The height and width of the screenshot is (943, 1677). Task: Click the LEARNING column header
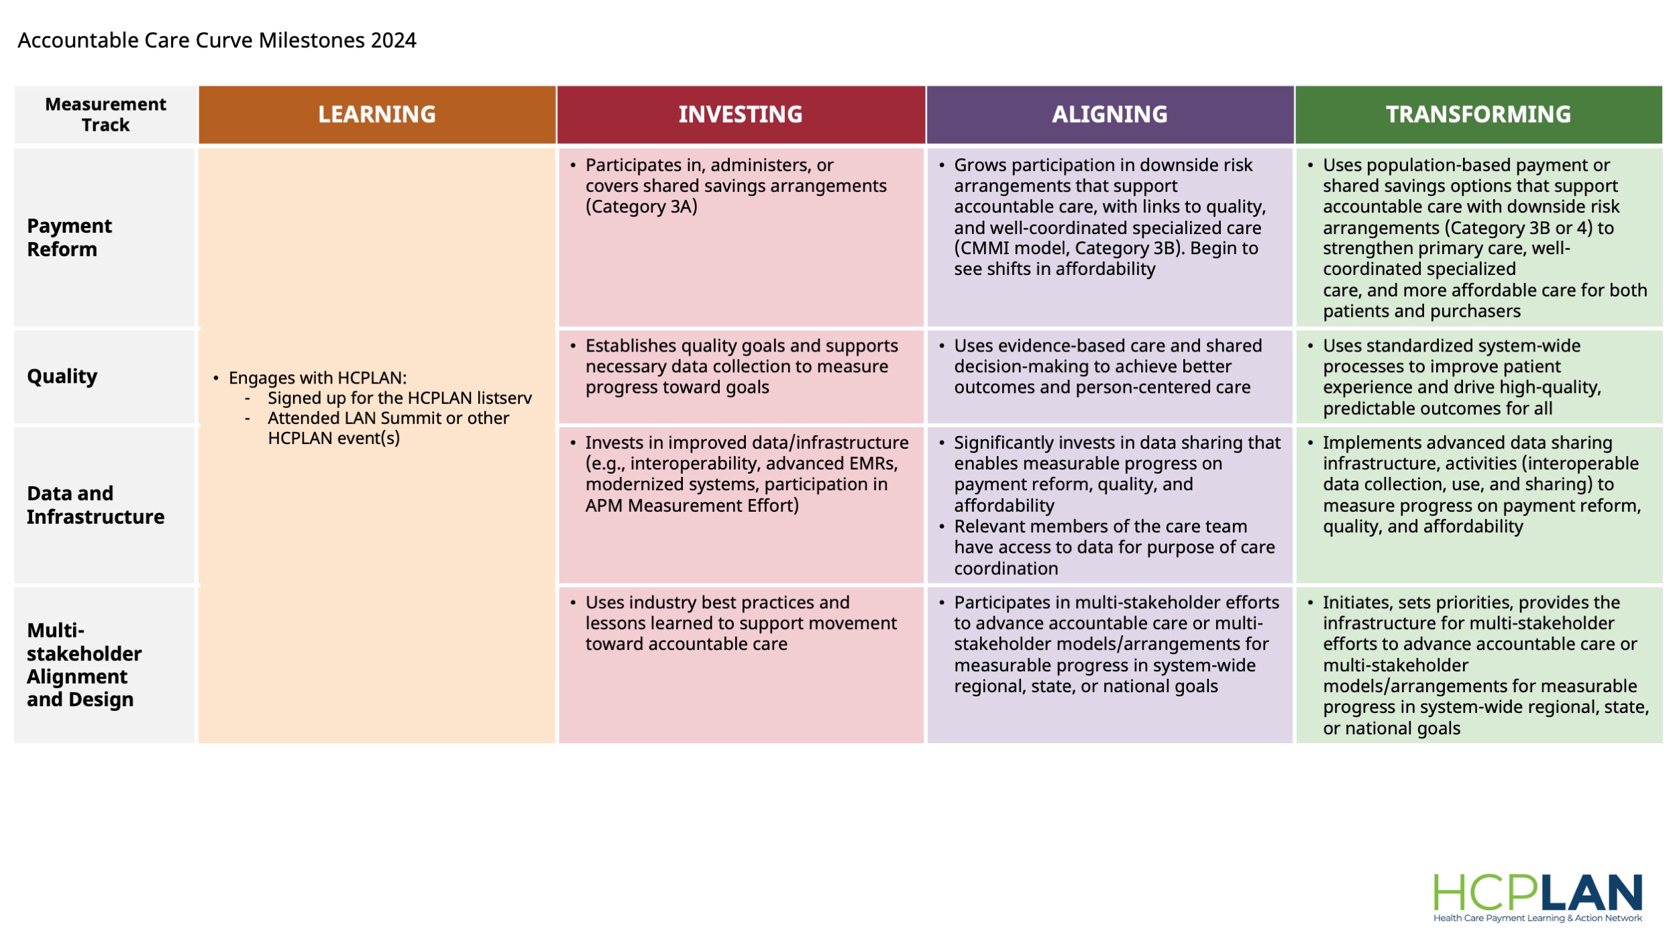[x=377, y=115]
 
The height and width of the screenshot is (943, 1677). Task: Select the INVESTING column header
[x=741, y=115]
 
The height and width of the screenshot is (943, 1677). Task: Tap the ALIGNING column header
[x=1110, y=115]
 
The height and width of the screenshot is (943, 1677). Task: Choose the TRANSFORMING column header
[x=1478, y=115]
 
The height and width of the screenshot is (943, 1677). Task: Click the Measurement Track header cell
[x=105, y=115]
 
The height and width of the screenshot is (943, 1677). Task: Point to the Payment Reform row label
[x=69, y=237]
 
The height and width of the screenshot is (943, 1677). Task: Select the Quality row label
[x=62, y=376]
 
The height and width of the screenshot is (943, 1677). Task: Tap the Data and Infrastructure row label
[x=95, y=505]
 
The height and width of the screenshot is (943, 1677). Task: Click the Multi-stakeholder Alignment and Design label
[x=84, y=665]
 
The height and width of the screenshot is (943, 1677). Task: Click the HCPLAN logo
[x=1537, y=893]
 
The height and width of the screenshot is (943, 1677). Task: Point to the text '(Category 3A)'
[x=641, y=207]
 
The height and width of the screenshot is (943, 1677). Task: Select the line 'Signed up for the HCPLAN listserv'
[x=399, y=398]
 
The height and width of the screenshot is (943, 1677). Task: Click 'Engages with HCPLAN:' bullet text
[x=317, y=378]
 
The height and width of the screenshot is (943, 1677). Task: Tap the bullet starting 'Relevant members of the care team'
[x=1114, y=547]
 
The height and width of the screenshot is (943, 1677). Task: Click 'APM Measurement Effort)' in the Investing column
[x=692, y=506]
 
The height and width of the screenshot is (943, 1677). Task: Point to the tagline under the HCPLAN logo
[x=1537, y=918]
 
